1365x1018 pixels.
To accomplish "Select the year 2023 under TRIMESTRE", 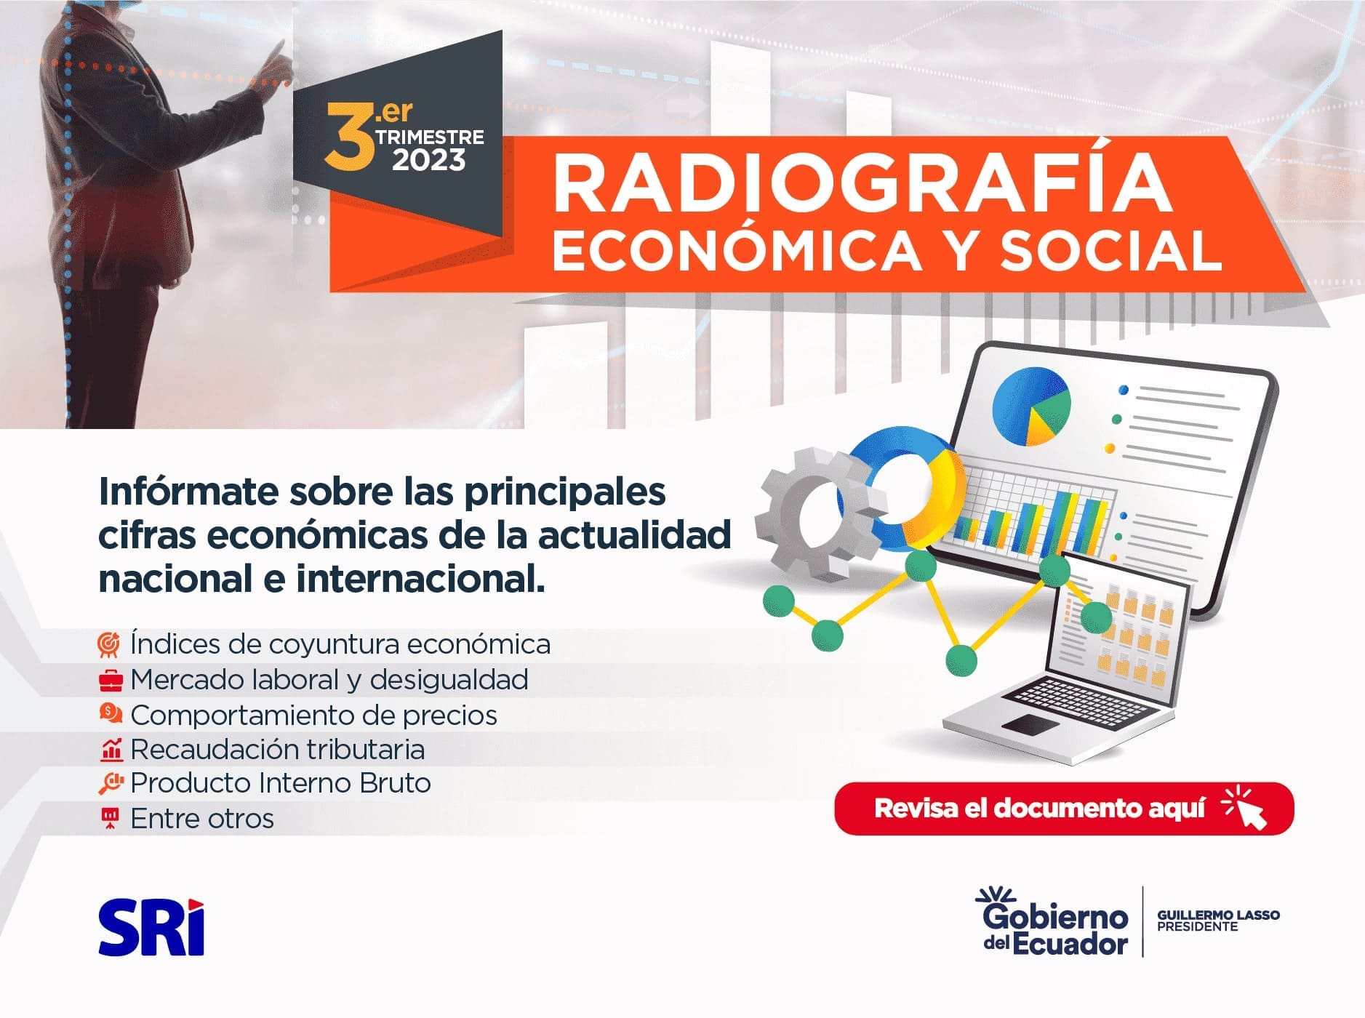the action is tap(429, 160).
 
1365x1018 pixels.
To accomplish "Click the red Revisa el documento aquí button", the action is tap(1064, 808).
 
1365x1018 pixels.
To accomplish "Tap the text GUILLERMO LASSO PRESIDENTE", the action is tap(1218, 921).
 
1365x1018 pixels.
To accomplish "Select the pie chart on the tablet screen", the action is tap(1031, 406).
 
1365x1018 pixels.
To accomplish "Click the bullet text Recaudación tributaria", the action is tap(277, 749).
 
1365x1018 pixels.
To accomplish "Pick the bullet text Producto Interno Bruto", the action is tap(281, 783).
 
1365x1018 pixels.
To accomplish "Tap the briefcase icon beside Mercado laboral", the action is tap(111, 681).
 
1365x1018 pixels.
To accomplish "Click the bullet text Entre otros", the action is tap(202, 819).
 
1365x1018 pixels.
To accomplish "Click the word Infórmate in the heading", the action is tap(188, 492).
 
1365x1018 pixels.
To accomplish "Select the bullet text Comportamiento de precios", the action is tap(313, 715).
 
